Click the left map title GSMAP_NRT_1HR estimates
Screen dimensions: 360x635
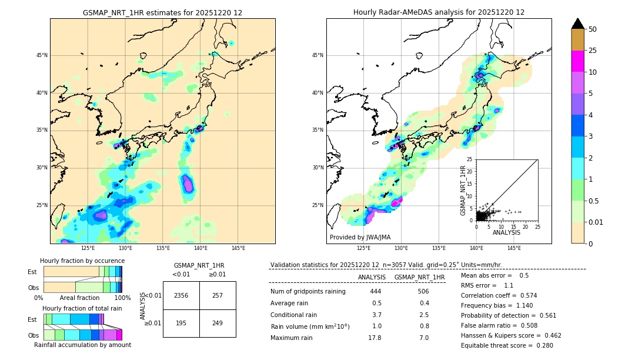coord(162,12)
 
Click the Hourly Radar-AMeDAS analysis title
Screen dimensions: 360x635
coord(439,12)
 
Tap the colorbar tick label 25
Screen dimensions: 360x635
coord(593,51)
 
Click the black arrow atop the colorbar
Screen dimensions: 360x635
coord(578,24)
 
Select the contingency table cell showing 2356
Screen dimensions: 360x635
coord(181,296)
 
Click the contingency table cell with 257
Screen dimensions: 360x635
coord(218,296)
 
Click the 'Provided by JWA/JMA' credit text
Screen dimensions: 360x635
coord(360,237)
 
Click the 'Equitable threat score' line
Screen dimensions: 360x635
coord(507,345)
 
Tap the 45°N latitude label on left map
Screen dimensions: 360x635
coord(42,55)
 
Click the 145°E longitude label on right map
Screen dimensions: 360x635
coord(514,248)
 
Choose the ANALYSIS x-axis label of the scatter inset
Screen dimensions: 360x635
coord(506,233)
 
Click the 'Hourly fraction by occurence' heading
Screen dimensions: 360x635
coord(82,261)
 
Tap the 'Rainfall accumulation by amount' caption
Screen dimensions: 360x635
coord(82,345)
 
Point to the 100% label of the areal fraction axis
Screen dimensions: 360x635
coord(122,298)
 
